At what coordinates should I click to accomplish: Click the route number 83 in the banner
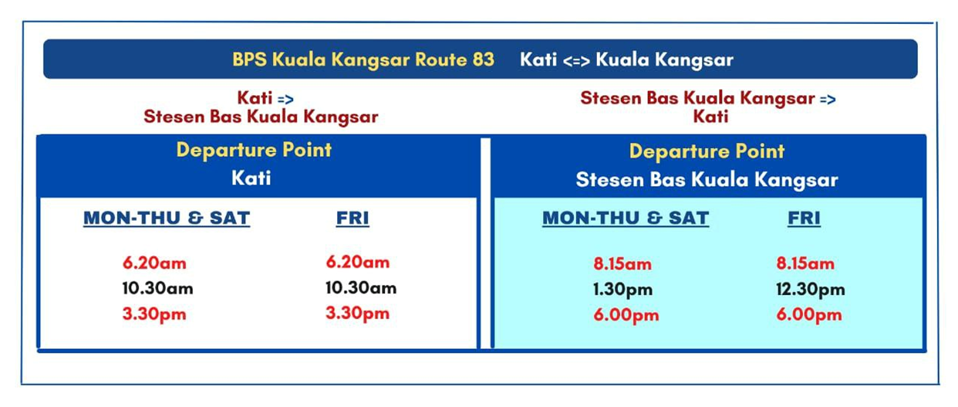pyautogui.click(x=484, y=59)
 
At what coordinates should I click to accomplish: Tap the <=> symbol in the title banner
pyautogui.click(x=576, y=61)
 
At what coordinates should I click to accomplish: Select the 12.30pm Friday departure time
pyautogui.click(x=811, y=290)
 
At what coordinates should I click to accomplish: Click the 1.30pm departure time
pyautogui.click(x=622, y=290)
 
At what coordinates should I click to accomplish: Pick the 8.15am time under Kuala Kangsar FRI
pyautogui.click(x=805, y=263)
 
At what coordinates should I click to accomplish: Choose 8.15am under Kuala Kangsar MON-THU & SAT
pyautogui.click(x=622, y=264)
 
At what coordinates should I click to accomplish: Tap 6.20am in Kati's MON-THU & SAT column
pyautogui.click(x=154, y=263)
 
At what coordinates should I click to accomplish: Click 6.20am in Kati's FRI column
pyautogui.click(x=358, y=262)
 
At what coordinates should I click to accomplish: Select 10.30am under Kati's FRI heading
pyautogui.click(x=361, y=288)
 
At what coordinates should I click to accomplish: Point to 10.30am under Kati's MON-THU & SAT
pyautogui.click(x=158, y=288)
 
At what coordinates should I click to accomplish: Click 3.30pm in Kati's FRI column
pyautogui.click(x=358, y=314)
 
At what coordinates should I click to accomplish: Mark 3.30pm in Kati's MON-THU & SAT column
pyautogui.click(x=154, y=314)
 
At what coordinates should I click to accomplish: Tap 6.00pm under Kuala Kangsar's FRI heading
pyautogui.click(x=809, y=315)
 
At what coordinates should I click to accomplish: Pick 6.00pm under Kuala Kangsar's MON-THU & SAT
pyautogui.click(x=626, y=315)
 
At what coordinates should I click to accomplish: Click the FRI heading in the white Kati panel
pyautogui.click(x=353, y=218)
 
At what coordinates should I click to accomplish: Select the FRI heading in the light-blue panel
pyautogui.click(x=804, y=218)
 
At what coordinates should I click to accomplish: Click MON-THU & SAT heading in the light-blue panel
pyautogui.click(x=626, y=218)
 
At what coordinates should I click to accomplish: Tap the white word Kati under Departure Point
pyautogui.click(x=251, y=178)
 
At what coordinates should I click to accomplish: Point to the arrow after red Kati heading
pyautogui.click(x=285, y=100)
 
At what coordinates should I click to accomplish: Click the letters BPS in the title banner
pyautogui.click(x=249, y=59)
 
